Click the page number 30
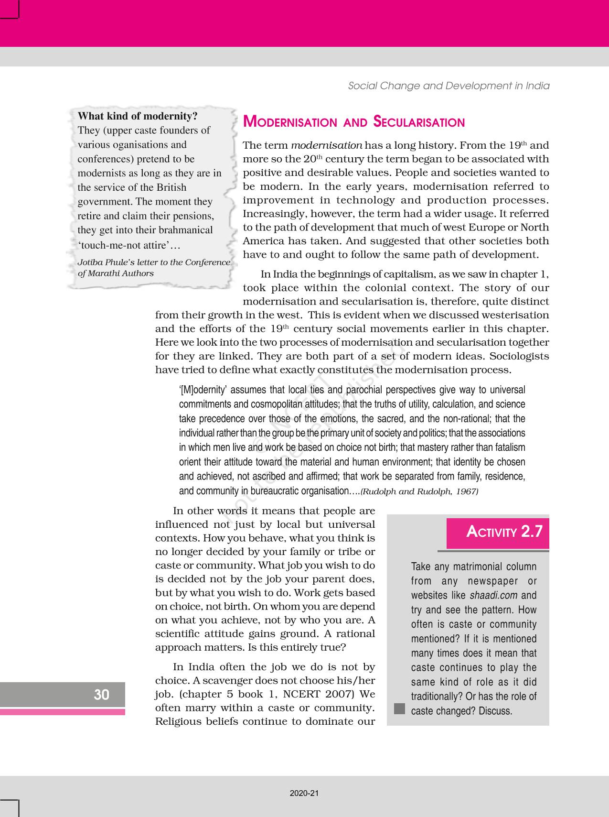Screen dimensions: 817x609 coord(101,694)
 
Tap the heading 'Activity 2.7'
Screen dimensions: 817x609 coord(504,532)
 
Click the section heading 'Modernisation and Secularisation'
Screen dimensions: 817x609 coord(353,122)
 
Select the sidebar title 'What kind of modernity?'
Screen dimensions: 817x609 coord(138,116)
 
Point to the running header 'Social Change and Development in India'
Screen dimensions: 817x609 coord(449,86)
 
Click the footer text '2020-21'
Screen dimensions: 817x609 coord(304,793)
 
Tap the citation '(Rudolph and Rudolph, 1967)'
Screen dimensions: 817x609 coord(419,491)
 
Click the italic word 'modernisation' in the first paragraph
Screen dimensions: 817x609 coord(326,145)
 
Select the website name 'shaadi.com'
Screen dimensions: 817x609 coord(493,596)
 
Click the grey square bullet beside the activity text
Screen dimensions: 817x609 coord(399,708)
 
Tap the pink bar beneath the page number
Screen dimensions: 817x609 coord(63,712)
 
